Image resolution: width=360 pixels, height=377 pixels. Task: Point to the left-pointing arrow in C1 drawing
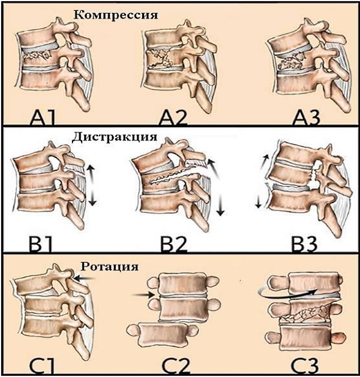[87, 279]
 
